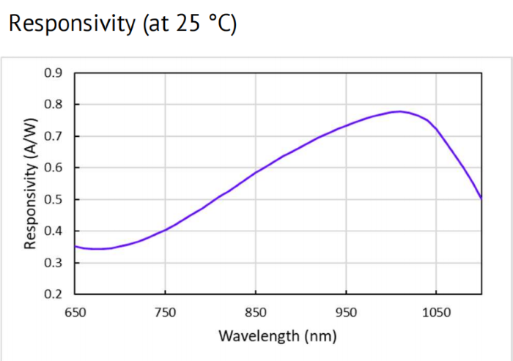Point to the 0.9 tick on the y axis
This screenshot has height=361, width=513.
pos(55,72)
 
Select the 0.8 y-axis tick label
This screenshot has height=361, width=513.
pos(55,104)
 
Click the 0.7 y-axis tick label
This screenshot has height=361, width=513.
pos(55,136)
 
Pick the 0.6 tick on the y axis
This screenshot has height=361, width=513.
pos(55,168)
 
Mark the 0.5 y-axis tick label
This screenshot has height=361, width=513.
pos(55,199)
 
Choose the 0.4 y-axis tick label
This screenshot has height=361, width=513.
pos(55,231)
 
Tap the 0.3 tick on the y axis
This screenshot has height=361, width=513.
pos(55,263)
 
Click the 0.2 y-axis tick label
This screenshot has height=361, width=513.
pos(55,294)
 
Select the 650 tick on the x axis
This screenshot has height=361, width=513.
pos(75,312)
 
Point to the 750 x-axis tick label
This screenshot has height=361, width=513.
pos(165,312)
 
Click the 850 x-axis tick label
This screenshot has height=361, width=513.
pos(255,312)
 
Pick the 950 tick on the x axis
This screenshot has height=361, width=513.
pos(345,312)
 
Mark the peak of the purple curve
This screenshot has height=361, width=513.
pos(398,111)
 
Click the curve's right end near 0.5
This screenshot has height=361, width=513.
pos(481,198)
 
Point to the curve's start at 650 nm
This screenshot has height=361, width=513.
pos(75,246)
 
